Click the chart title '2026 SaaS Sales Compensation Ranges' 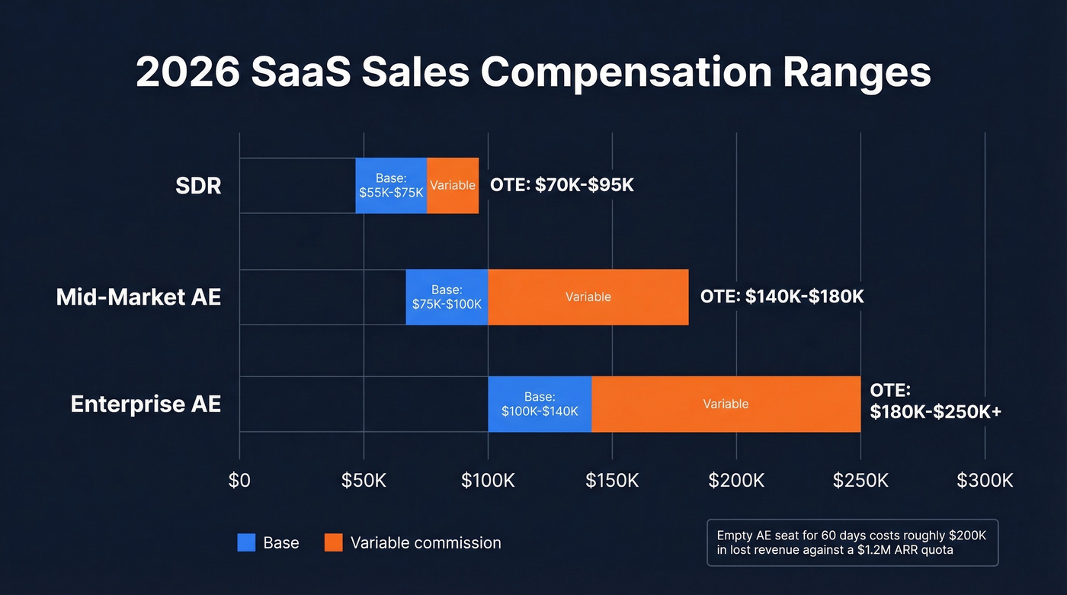(x=533, y=73)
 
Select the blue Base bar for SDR (x=391, y=185)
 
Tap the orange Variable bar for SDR (x=453, y=185)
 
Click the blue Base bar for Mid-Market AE (x=447, y=296)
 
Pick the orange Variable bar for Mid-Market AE (x=588, y=296)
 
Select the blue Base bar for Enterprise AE (x=540, y=404)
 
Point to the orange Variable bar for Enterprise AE (x=726, y=404)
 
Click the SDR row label (x=199, y=185)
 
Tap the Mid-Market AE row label (x=139, y=296)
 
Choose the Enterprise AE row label (x=146, y=404)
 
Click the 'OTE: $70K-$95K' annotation (x=562, y=185)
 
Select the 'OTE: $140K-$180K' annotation (x=782, y=296)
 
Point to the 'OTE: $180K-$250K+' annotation (x=935, y=401)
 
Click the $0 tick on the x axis (x=239, y=481)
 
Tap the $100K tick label (x=488, y=481)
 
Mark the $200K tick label (x=736, y=481)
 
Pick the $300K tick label (x=985, y=481)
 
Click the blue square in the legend (x=246, y=542)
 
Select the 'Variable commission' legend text (x=425, y=542)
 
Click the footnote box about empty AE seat (x=852, y=542)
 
